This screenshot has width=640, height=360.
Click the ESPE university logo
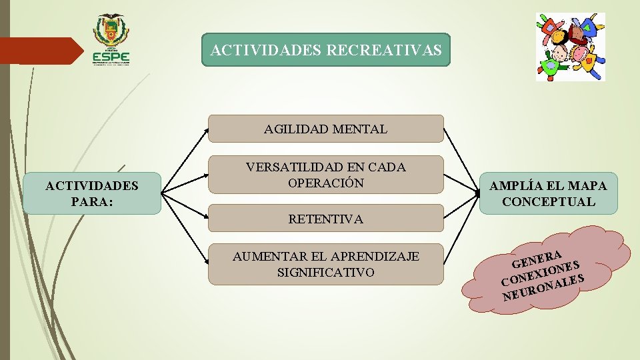coord(111,40)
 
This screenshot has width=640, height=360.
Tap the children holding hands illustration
coord(571,47)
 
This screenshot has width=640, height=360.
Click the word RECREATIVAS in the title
coord(384,50)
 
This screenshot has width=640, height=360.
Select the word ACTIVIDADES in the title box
coord(266,50)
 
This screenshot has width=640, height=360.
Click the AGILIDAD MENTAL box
coord(325,129)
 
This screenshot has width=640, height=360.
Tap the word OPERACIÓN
coord(325,183)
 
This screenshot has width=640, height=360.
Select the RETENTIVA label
coord(325,219)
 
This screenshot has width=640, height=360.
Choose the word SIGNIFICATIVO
coord(325,272)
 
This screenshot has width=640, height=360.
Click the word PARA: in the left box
coord(92,201)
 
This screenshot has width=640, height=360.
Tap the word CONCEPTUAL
coord(549,201)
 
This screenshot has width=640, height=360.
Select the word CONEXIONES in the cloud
coord(540,272)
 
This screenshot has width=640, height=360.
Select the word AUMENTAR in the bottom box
coord(262,257)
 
